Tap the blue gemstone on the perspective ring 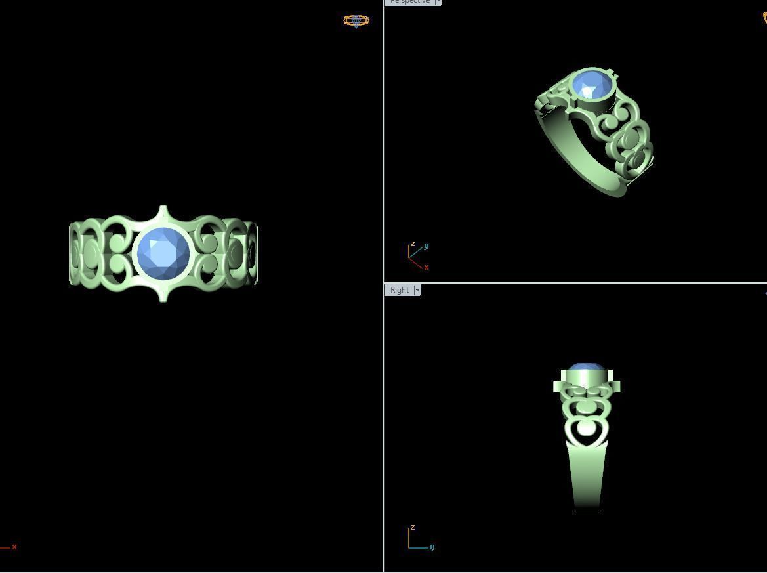(591, 86)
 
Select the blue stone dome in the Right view (586, 366)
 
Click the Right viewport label (399, 290)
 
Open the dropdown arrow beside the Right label (417, 290)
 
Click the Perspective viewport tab (409, 2)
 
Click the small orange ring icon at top (356, 21)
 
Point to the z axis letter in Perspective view (412, 244)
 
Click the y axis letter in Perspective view (426, 246)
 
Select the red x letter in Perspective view (426, 267)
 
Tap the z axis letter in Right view (412, 528)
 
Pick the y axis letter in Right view (432, 547)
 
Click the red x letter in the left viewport (14, 547)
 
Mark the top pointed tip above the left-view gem (163, 209)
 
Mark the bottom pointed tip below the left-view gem (163, 299)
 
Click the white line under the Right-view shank (587, 511)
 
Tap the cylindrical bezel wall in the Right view (586, 379)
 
